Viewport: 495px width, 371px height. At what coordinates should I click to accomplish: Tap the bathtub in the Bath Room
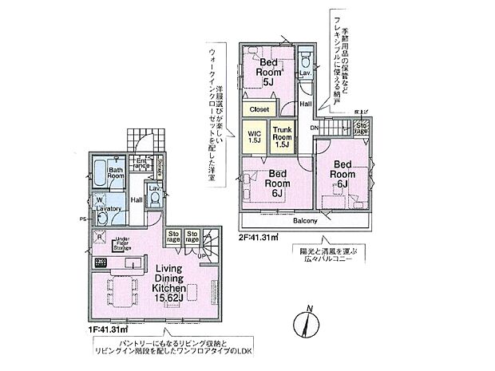[x=98, y=172]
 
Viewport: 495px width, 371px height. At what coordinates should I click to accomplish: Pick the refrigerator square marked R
[x=99, y=236]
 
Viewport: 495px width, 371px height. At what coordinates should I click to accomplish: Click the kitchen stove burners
[x=100, y=262]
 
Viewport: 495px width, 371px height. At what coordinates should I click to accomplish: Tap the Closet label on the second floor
[x=259, y=109]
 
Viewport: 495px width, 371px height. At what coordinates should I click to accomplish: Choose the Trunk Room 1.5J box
[x=283, y=136]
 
